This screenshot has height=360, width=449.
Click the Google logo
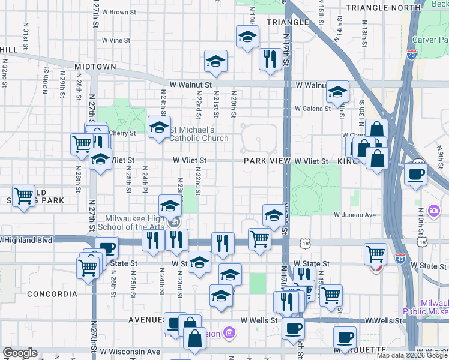point(20,353)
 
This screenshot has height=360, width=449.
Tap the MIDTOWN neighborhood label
point(95,66)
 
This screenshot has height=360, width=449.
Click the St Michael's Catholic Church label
point(199,134)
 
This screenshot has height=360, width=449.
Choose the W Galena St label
point(312,109)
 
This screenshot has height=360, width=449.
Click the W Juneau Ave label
point(355,214)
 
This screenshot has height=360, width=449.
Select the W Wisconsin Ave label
point(130,351)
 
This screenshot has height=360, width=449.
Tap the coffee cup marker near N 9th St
point(415,174)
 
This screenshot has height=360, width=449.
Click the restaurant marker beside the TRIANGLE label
point(270,59)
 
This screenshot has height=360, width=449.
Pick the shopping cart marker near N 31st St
point(23,196)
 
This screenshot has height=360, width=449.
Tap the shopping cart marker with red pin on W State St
point(375,254)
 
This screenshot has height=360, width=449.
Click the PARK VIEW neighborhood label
point(267,161)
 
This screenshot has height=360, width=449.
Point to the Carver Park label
point(430,40)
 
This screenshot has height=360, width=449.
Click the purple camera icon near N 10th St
point(433,211)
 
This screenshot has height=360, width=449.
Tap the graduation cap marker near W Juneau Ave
point(273,215)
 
